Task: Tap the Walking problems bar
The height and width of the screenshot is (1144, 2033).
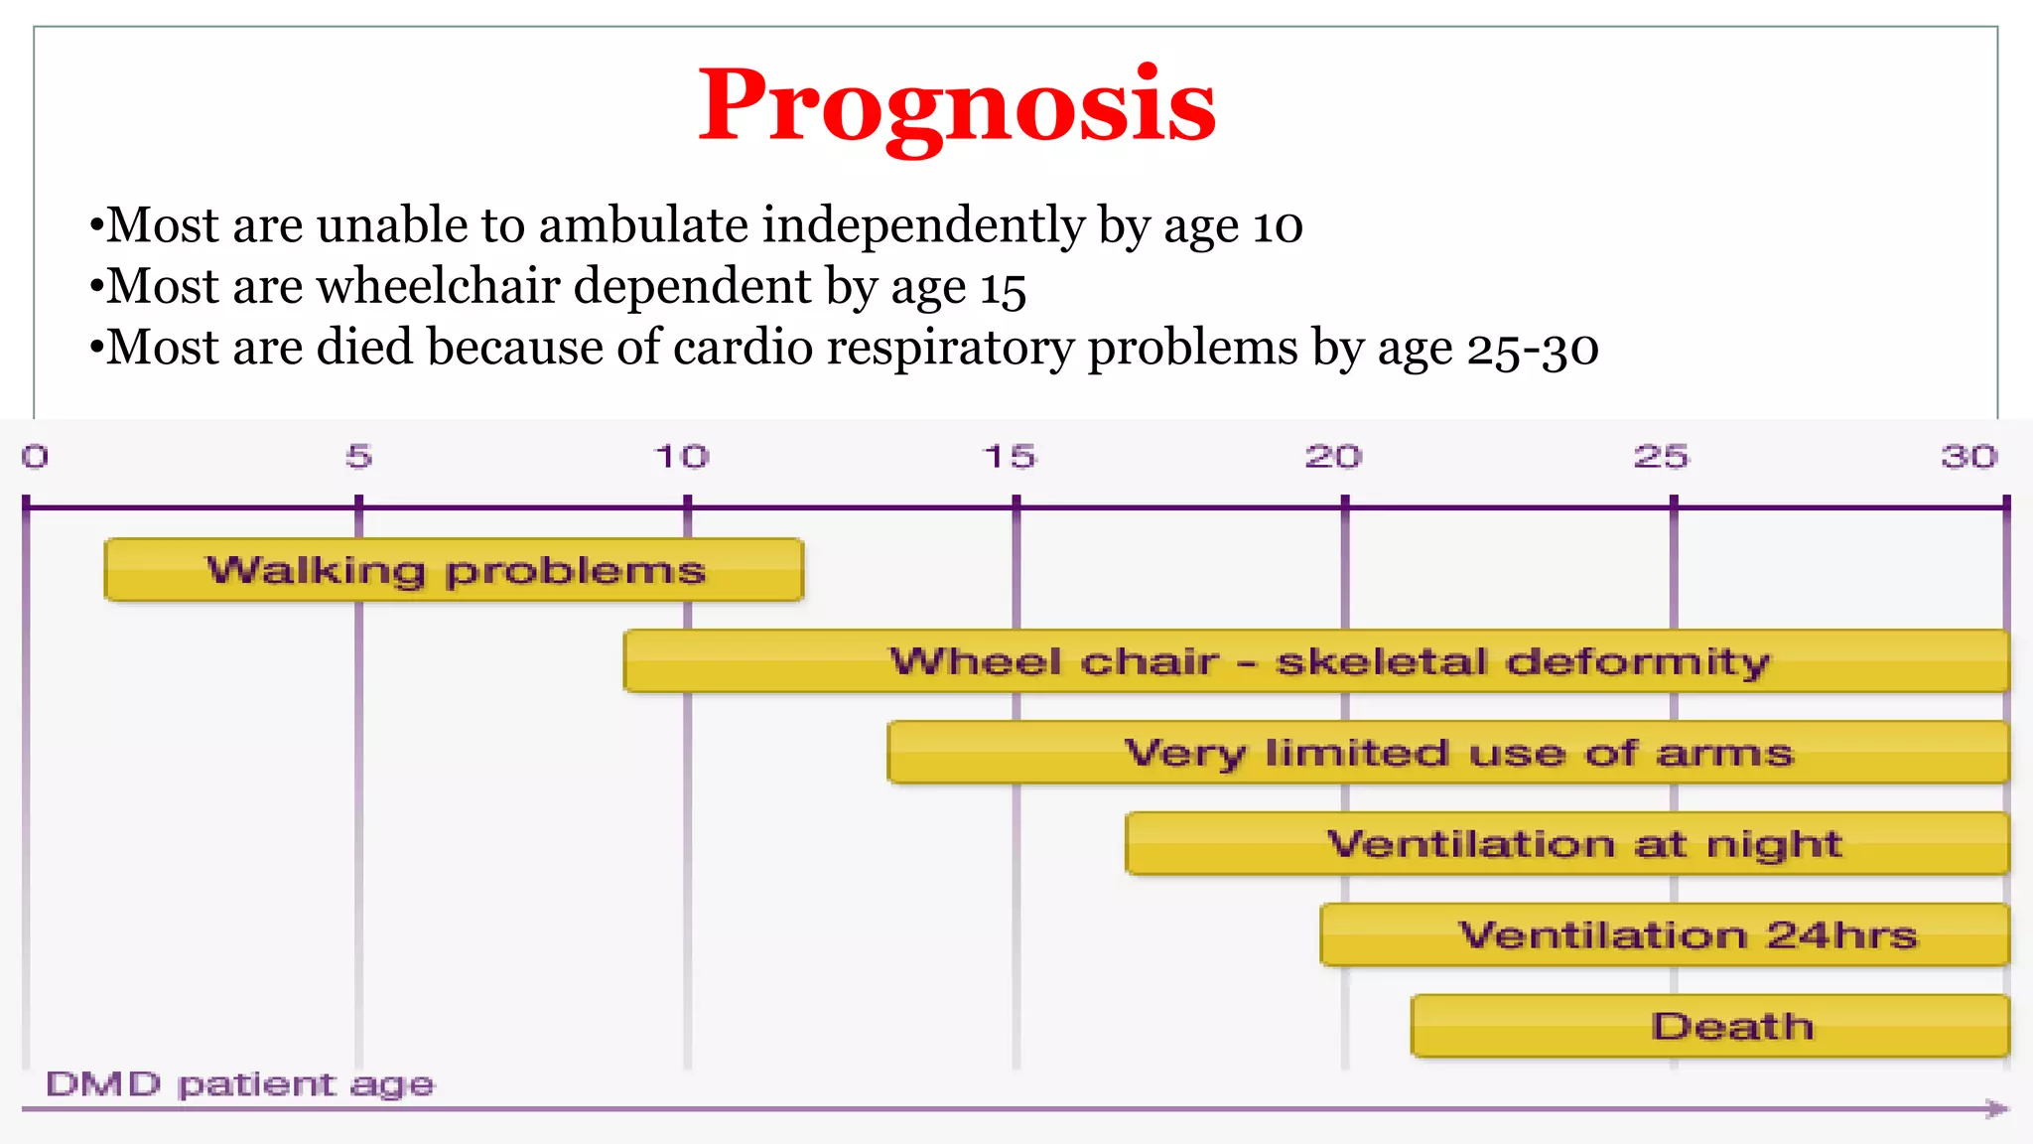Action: tap(454, 570)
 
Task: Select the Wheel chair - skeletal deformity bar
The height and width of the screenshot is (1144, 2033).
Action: tap(1316, 661)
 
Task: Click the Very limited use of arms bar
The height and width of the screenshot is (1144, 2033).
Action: tap(1448, 753)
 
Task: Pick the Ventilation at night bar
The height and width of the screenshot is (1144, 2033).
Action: tap(1567, 844)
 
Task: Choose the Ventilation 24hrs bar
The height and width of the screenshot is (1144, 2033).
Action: tap(1665, 935)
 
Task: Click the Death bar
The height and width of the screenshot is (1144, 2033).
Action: tap(1710, 1026)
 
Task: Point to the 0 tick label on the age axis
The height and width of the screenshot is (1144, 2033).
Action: tap(35, 457)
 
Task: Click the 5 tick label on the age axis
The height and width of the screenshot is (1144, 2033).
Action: tap(358, 457)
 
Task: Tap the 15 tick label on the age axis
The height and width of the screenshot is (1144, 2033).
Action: tap(1009, 457)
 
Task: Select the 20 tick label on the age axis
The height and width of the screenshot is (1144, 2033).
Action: tap(1333, 457)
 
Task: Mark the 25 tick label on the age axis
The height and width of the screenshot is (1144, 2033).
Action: tap(1661, 457)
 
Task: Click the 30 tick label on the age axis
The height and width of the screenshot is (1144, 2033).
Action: tap(1969, 457)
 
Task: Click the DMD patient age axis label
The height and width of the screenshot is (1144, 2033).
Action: tap(239, 1083)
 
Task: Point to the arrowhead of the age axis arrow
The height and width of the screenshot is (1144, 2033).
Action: tap(1997, 1108)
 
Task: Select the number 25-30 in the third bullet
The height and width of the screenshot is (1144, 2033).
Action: tap(1533, 349)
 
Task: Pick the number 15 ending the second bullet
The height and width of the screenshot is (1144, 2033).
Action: tap(1003, 288)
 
